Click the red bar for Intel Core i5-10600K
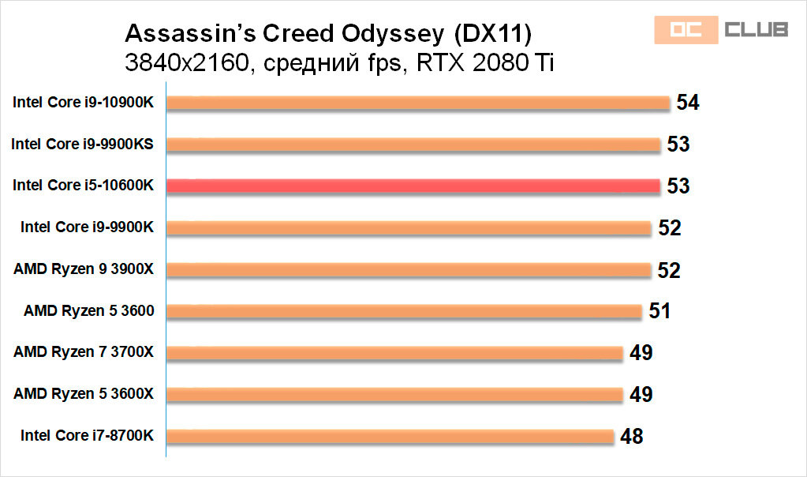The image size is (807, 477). click(413, 186)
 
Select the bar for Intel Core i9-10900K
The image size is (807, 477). click(418, 103)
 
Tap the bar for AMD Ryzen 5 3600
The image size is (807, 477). click(404, 310)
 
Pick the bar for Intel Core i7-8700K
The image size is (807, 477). click(390, 435)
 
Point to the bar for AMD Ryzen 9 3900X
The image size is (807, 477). click(409, 269)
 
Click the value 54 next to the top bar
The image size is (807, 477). click(688, 103)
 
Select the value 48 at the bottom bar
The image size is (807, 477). click(631, 435)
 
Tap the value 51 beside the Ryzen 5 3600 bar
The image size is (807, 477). click(659, 310)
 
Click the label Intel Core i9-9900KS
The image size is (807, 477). click(82, 144)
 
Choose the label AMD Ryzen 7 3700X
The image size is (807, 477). click(84, 352)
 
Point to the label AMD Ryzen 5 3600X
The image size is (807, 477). click(84, 393)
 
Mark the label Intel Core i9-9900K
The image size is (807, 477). click(87, 227)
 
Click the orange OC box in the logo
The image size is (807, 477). click(685, 30)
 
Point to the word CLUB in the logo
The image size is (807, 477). click(755, 30)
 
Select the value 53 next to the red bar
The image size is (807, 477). click(678, 186)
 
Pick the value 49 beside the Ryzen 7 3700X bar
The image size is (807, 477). click(641, 352)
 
